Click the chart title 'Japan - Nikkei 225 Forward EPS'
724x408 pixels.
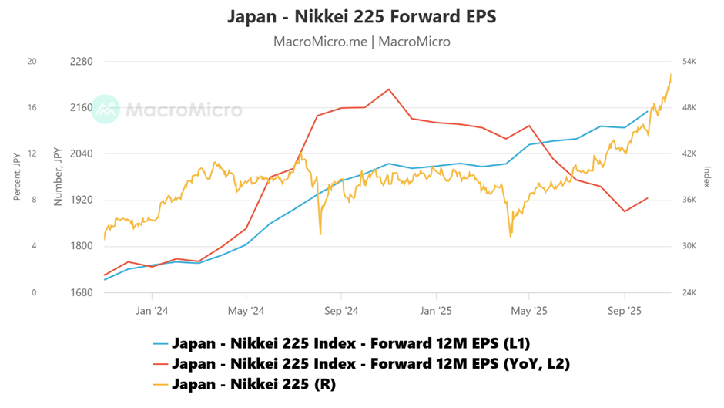click(x=362, y=16)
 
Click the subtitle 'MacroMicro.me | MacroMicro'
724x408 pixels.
click(x=362, y=42)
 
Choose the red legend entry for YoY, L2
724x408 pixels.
click(x=370, y=363)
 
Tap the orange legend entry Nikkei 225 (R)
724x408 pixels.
click(x=253, y=383)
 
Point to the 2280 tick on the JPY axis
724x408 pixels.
click(x=80, y=62)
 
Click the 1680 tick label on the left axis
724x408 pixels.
click(x=80, y=293)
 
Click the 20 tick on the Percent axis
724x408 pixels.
click(x=32, y=62)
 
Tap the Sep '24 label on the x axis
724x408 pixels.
click(x=340, y=312)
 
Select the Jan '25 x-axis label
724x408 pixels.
click(x=435, y=312)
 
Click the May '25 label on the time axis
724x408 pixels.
click(x=529, y=312)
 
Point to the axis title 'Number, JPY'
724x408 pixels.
click(x=58, y=177)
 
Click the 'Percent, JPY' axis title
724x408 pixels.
click(x=17, y=177)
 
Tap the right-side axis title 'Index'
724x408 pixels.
click(x=707, y=177)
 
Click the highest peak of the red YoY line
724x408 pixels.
click(x=389, y=89)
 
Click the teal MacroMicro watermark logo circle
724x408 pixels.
click(x=106, y=110)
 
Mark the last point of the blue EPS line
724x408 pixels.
click(x=648, y=111)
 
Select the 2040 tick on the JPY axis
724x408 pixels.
click(x=80, y=154)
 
